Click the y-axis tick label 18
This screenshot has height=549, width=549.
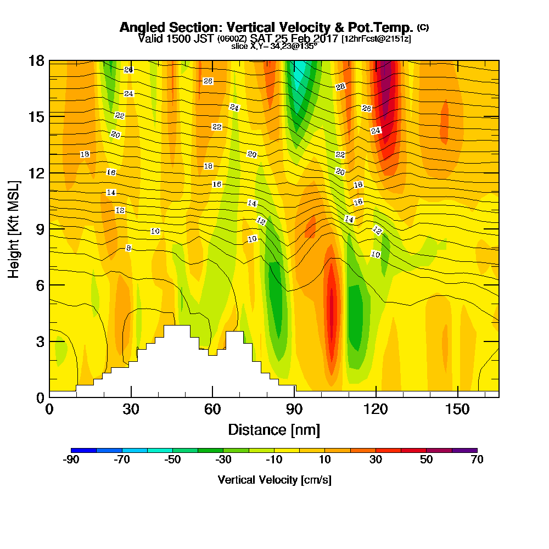click(x=36, y=60)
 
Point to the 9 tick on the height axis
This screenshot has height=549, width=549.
click(x=40, y=228)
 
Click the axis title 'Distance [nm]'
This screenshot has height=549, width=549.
click(x=273, y=429)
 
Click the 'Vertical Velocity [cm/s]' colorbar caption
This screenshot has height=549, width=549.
click(x=274, y=480)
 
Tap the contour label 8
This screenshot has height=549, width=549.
click(x=128, y=248)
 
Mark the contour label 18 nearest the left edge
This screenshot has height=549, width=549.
click(x=85, y=154)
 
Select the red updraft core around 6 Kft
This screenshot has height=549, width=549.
click(x=331, y=307)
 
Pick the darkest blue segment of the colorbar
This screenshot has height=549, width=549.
click(x=84, y=450)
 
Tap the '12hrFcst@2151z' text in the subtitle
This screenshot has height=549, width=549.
click(x=376, y=39)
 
